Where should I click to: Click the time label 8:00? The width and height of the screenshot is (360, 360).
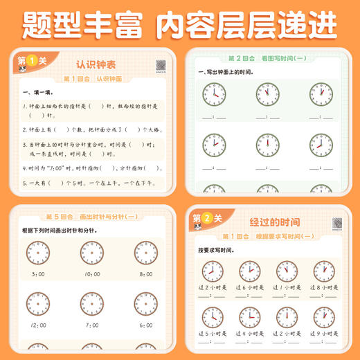point(146,276)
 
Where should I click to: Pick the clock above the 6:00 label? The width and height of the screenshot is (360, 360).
point(146,303)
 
